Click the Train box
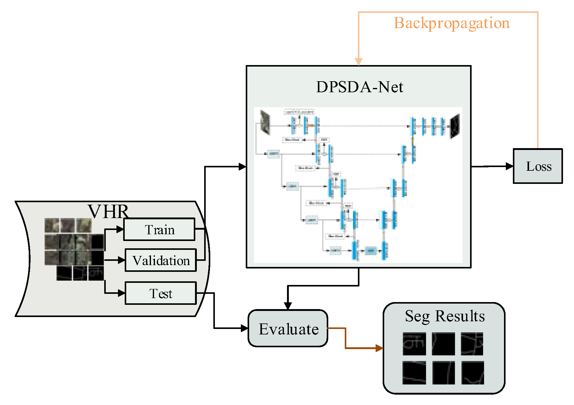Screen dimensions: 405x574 coord(159,229)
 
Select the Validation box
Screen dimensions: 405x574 coord(161,260)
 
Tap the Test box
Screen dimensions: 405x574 coord(161,293)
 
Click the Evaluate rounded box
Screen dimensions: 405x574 coord(288,328)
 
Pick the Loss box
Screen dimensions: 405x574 coord(538,166)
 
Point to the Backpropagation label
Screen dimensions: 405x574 coord(451,23)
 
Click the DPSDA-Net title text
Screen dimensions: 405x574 coord(359,87)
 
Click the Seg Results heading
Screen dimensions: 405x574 coord(444,316)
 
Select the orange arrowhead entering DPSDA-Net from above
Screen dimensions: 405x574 coord(359,62)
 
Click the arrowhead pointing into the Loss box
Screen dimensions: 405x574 coord(510,166)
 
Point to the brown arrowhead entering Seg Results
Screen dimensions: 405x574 coord(380,348)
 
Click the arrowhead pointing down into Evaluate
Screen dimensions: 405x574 coord(288,306)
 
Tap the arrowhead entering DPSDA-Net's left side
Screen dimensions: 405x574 coord(243,166)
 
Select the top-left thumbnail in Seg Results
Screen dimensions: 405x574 coord(414,344)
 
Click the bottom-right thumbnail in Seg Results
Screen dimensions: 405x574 coord(473,373)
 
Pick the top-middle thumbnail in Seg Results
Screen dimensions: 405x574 coord(443,344)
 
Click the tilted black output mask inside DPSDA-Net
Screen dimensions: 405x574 coord(455,126)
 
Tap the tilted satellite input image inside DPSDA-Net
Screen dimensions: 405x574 coord(265,122)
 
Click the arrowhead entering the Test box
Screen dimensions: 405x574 coord(122,293)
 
